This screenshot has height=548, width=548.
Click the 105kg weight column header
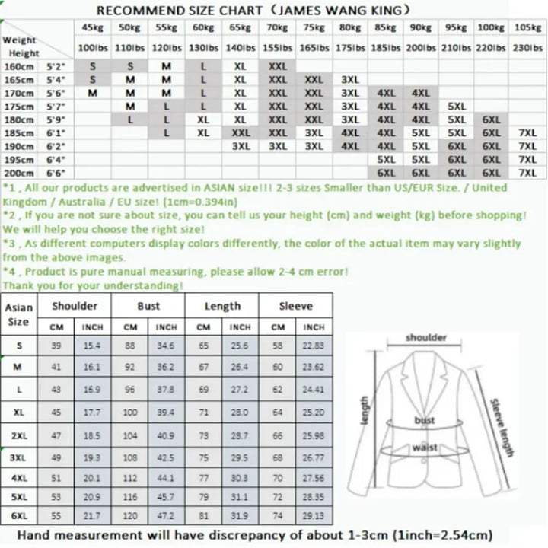527,28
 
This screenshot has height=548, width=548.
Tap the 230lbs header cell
527,47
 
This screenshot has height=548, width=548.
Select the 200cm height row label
19,173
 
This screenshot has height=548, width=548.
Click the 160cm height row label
19,66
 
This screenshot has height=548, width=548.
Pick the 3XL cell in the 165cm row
350,79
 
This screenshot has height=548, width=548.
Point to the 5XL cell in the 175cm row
456,107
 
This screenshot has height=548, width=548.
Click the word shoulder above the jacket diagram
426,338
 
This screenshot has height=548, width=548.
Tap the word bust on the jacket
424,420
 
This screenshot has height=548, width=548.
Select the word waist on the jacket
424,448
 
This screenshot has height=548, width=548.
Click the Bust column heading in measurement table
148,306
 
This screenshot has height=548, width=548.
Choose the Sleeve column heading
295,306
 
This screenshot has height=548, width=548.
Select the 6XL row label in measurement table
19,517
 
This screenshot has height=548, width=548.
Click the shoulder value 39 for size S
56,345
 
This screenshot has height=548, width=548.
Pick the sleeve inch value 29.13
314,517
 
